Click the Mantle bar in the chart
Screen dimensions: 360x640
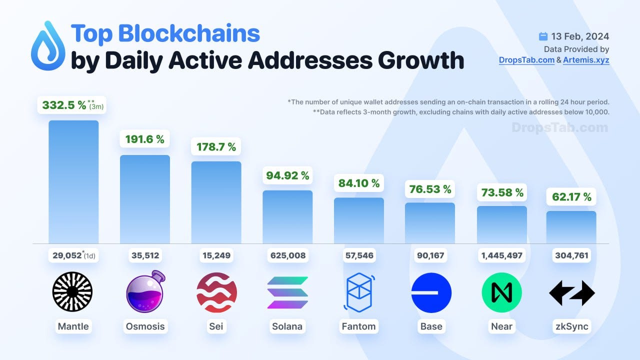(73, 182)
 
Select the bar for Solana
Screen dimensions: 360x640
(287, 217)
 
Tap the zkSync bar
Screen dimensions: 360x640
(571, 227)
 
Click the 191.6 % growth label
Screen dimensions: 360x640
(145, 139)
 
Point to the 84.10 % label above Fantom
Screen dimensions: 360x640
(358, 183)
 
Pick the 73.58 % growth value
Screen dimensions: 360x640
(502, 192)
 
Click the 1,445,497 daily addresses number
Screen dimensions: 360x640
(501, 255)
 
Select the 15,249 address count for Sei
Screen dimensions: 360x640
(216, 255)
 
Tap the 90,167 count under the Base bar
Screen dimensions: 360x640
(430, 255)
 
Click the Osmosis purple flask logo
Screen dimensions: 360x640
(145, 292)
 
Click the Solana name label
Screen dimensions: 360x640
(287, 326)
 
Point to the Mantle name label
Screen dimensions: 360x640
(73, 326)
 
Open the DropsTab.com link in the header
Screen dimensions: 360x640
(526, 60)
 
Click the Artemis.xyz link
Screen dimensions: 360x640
(586, 60)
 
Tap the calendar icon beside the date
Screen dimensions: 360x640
(543, 36)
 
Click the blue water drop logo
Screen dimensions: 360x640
(48, 45)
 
